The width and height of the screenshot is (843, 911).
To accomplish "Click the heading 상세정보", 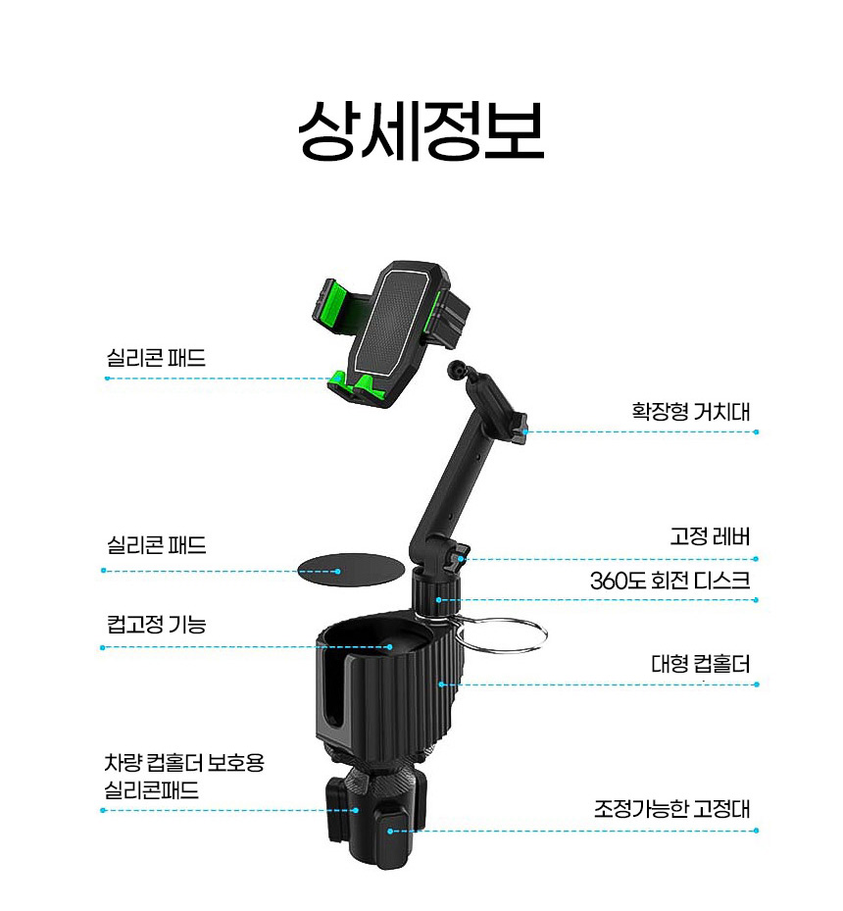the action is coord(421,131).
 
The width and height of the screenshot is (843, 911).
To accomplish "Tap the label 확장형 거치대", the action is coord(691,411).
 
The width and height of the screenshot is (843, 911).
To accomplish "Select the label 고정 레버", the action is coord(710,536).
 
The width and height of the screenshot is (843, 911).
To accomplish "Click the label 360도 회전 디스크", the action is coord(669,581).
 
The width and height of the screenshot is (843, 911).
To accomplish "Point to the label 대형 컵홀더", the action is coord(701,664).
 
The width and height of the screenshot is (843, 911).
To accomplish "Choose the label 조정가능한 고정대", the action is coord(671,809).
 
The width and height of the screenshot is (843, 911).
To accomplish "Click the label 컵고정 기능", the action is coord(157,624).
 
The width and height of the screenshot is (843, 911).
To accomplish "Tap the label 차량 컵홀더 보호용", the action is coord(184,762).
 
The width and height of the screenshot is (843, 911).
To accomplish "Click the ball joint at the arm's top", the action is coord(456,369).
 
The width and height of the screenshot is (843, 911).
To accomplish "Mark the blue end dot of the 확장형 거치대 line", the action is coord(756,431).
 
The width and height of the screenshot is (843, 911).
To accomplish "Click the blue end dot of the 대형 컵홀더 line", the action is coord(757,684).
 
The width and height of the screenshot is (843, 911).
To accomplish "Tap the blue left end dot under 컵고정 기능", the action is coord(103,647).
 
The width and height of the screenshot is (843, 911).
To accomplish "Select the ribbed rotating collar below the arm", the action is coord(437,589).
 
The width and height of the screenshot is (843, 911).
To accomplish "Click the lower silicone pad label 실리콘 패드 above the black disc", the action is coord(157,545).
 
